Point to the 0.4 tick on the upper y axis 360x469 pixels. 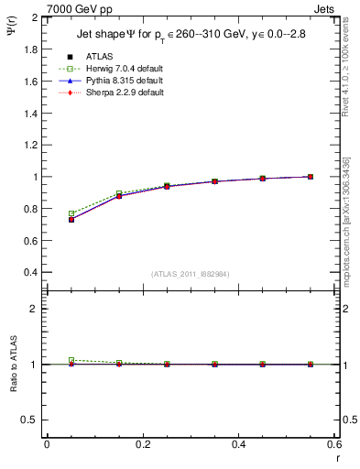click(x=31, y=273)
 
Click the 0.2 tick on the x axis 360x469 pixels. click(x=142, y=444)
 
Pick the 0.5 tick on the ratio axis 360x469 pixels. click(x=31, y=420)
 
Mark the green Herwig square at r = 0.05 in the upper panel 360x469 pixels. click(x=71, y=213)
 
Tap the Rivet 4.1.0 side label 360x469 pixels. click(x=352, y=64)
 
